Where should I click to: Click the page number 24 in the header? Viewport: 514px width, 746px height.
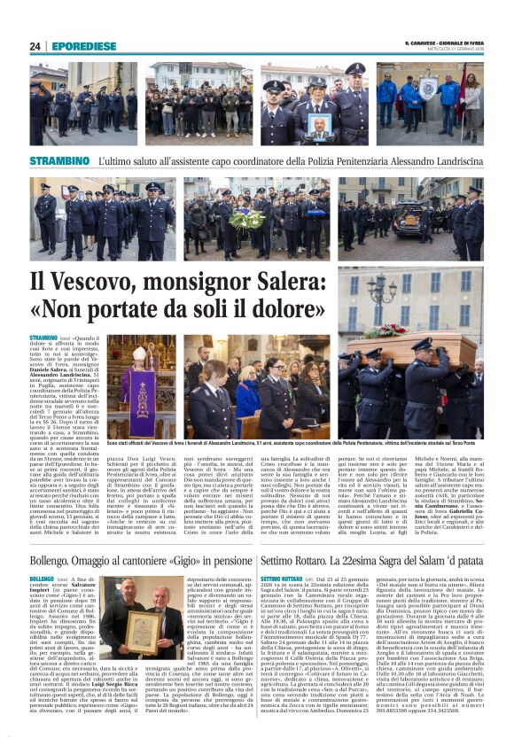click(x=35, y=46)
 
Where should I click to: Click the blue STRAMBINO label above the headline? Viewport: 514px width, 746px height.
click(x=59, y=160)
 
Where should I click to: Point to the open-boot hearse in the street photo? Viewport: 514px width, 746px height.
click(x=425, y=218)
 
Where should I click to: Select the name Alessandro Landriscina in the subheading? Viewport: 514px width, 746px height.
click(x=429, y=161)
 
